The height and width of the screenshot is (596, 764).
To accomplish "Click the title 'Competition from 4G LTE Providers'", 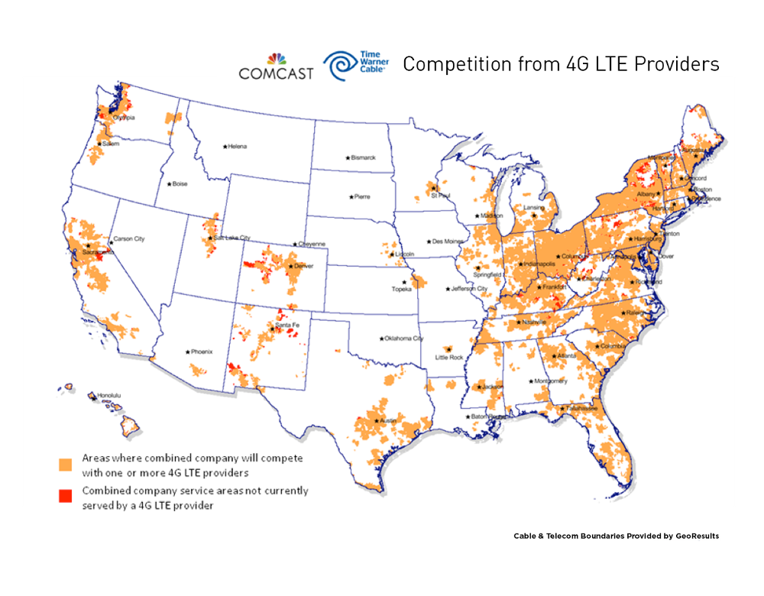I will [561, 64].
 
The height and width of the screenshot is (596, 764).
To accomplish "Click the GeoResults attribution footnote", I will [616, 536].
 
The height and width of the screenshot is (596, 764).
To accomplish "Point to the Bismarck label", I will [362, 157].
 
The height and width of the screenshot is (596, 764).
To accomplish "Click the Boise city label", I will [179, 184].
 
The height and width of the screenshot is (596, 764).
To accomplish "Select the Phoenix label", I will [200, 352].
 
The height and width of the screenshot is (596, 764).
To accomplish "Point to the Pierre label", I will [361, 196].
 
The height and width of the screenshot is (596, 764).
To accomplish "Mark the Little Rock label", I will [449, 357].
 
